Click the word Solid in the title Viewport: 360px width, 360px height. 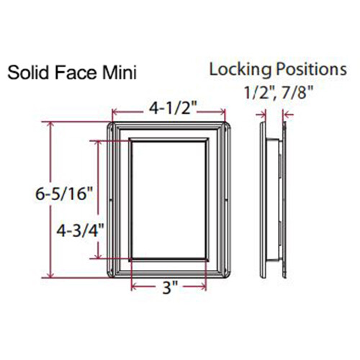pyautogui.click(x=27, y=73)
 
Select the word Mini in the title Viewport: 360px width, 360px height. pyautogui.click(x=115, y=73)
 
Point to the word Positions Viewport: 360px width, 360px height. pyautogui.click(x=307, y=69)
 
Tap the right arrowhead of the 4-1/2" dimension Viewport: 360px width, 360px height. pyautogui.click(x=225, y=112)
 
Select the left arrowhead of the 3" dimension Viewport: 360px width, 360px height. pyautogui.click(x=133, y=289)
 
